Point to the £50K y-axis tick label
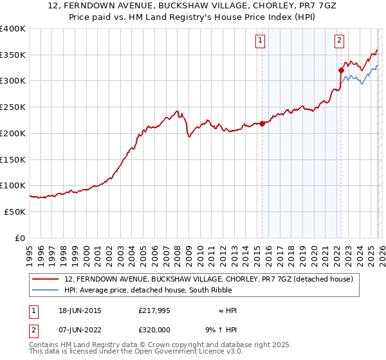(x=14, y=212)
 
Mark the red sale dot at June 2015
(x=262, y=124)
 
